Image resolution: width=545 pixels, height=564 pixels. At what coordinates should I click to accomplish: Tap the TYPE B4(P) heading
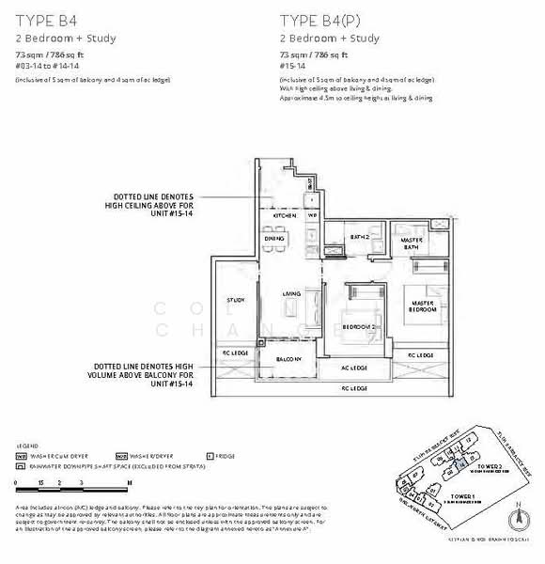(318, 18)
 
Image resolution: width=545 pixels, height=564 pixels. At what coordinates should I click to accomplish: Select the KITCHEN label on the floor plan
(285, 215)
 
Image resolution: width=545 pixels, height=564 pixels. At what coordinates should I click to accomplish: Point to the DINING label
(273, 239)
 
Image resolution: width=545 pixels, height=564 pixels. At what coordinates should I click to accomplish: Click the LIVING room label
(291, 294)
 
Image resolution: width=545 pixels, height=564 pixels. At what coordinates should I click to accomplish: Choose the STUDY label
(235, 300)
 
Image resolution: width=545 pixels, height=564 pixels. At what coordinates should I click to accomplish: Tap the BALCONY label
(288, 359)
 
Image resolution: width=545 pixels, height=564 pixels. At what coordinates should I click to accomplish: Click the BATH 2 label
(357, 238)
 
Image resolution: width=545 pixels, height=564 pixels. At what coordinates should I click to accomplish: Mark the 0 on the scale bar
(17, 480)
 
